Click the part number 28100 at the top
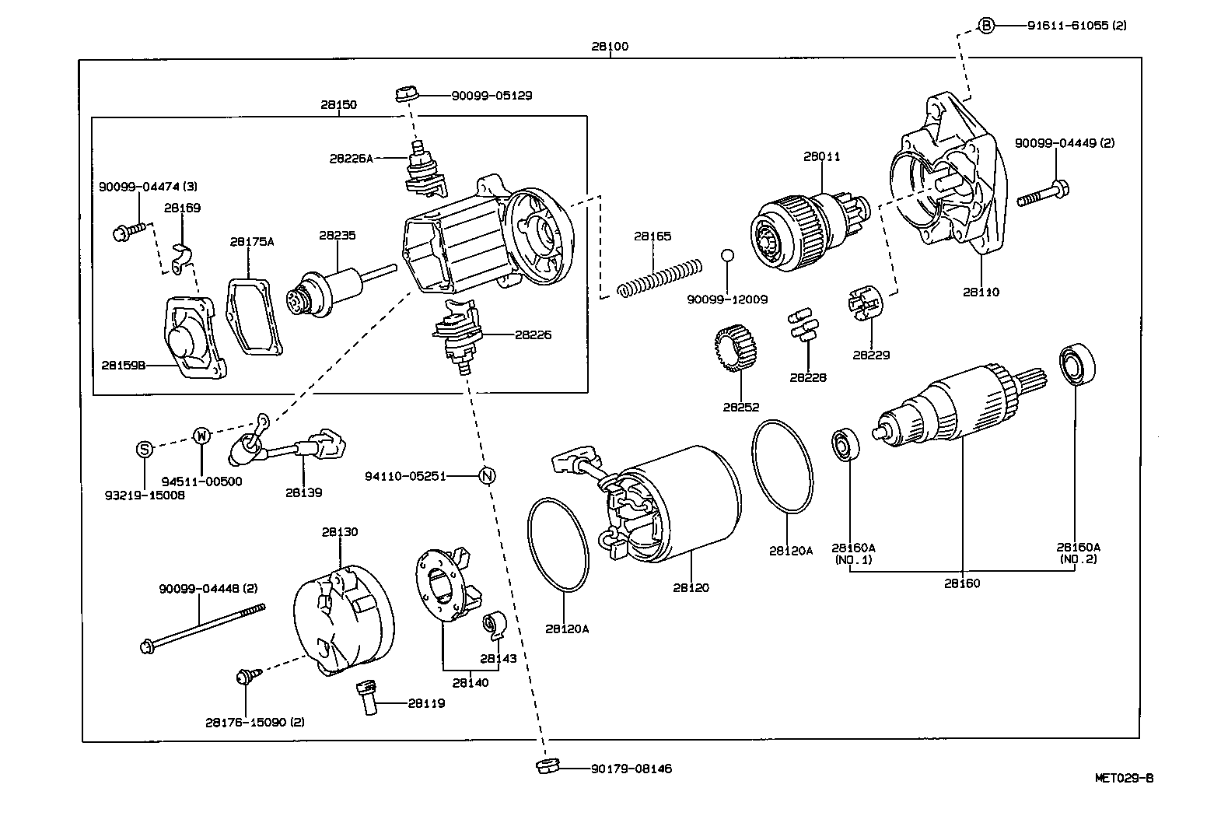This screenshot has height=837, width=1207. (609, 46)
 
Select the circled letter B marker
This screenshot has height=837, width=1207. (985, 26)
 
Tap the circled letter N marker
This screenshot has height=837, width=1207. (486, 475)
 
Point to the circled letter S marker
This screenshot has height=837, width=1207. (144, 449)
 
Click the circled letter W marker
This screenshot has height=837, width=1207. (201, 435)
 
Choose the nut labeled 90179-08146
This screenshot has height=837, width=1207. (547, 766)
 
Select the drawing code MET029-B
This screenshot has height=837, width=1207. (1124, 777)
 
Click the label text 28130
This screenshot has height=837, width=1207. (340, 532)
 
